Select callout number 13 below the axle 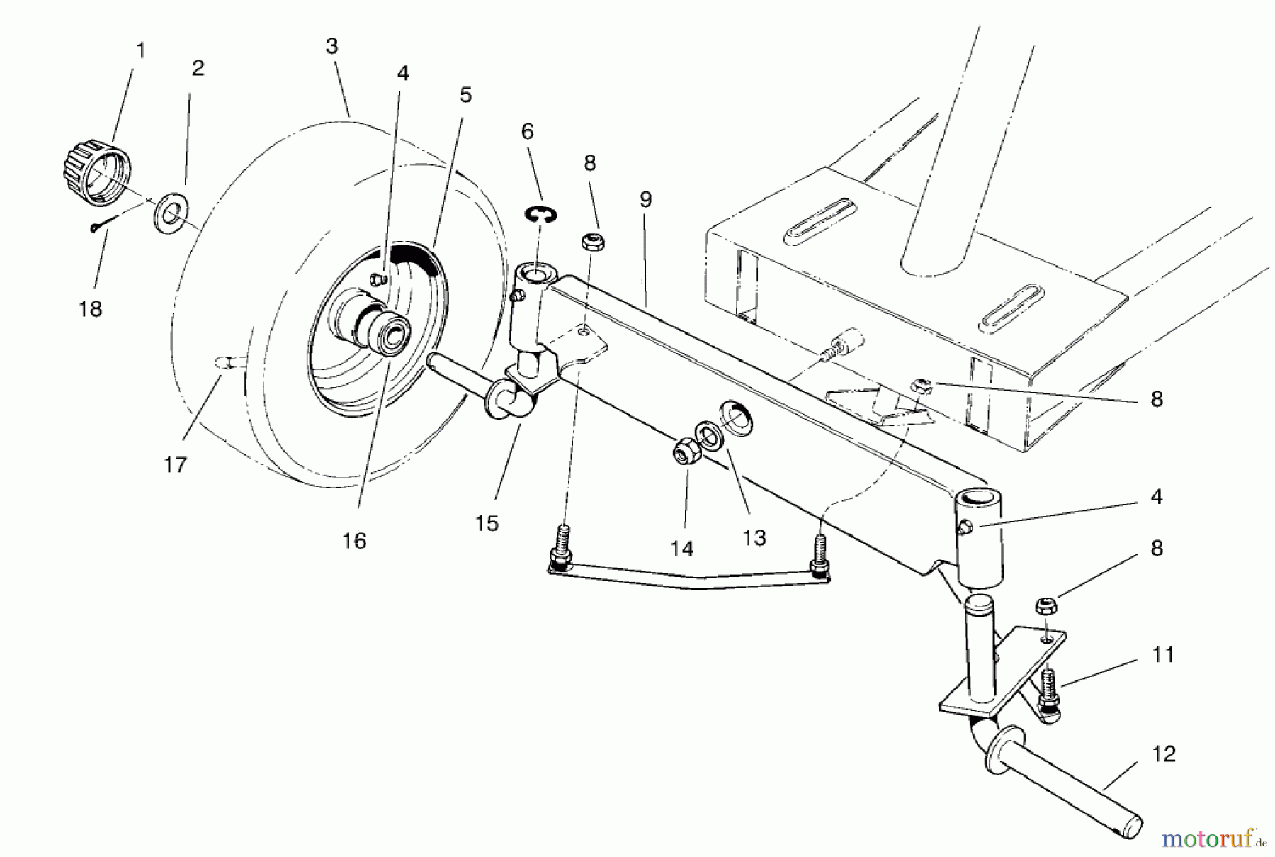pyautogui.click(x=754, y=538)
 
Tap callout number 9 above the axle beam pyautogui.click(x=645, y=201)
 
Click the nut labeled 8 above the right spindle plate pyautogui.click(x=1043, y=606)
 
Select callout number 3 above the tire pyautogui.click(x=331, y=47)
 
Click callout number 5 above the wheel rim pyautogui.click(x=465, y=95)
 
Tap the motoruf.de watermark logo pyautogui.click(x=1213, y=839)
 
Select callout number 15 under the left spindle pyautogui.click(x=487, y=523)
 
